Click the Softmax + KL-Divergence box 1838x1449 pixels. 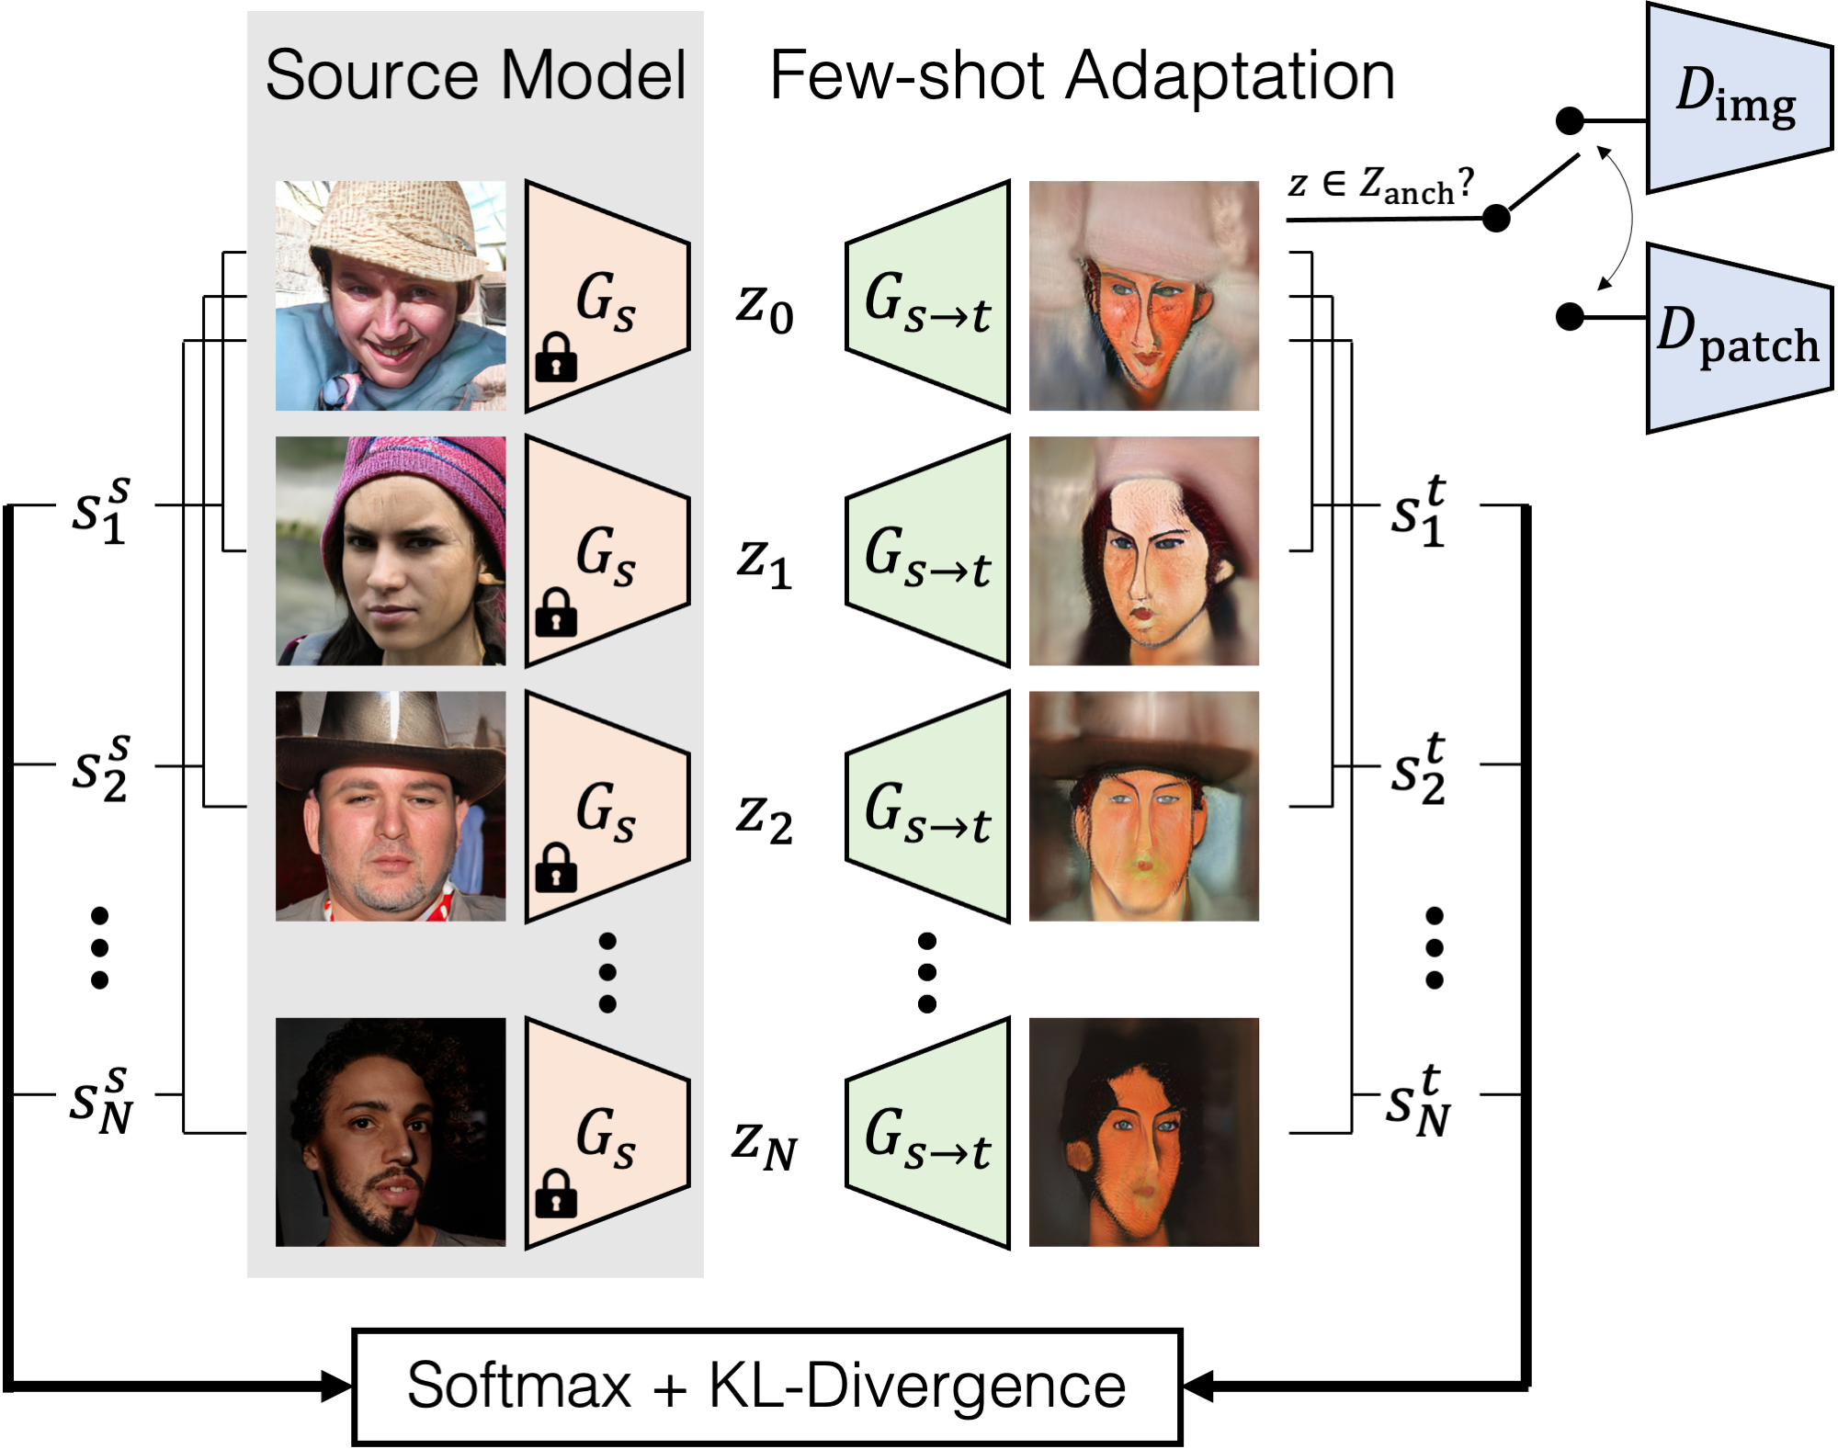[x=766, y=1386]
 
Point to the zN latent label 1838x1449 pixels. [x=765, y=1145]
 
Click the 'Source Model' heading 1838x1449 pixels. [x=475, y=75]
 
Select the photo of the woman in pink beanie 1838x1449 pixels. [x=391, y=551]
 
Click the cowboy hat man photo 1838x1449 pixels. [x=391, y=806]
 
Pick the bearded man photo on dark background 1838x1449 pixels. [x=391, y=1132]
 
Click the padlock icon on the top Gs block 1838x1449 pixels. [x=556, y=357]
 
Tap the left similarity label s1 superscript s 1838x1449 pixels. [x=102, y=510]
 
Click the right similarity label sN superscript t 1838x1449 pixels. [x=1418, y=1101]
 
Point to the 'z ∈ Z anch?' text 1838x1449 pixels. [x=1379, y=185]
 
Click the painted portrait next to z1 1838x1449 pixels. [x=1143, y=551]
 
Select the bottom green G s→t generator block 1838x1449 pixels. [x=928, y=1133]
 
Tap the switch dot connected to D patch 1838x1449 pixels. [x=1571, y=317]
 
